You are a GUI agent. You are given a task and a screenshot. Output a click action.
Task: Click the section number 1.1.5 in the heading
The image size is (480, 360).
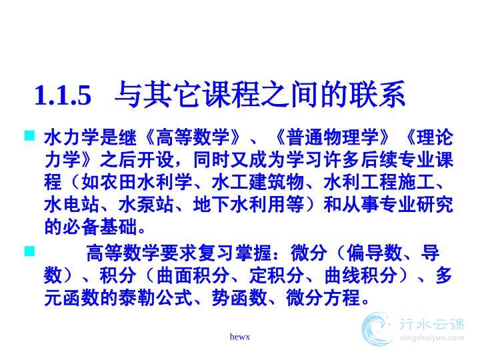pos(63,95)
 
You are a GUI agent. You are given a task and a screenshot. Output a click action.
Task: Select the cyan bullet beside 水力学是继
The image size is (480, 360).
pos(30,135)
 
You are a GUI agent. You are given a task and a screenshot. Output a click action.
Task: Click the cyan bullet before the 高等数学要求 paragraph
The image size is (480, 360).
pos(30,251)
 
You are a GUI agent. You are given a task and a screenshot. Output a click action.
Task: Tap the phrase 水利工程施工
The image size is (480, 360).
pos(379,182)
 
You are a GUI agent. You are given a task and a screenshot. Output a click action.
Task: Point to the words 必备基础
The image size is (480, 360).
pos(100,227)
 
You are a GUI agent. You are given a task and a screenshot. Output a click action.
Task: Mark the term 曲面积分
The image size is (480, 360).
pos(193,275)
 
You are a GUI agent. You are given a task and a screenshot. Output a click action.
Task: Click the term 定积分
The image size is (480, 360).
pos(276,275)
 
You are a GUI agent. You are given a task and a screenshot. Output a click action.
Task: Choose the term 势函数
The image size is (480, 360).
pos(239,297)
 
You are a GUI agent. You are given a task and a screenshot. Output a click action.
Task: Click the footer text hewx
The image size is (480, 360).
pos(240,337)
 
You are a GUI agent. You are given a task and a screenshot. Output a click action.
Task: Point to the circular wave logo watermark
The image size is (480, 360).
pos(377,329)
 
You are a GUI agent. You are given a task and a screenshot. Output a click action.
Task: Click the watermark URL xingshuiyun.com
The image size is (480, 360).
pos(432,338)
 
